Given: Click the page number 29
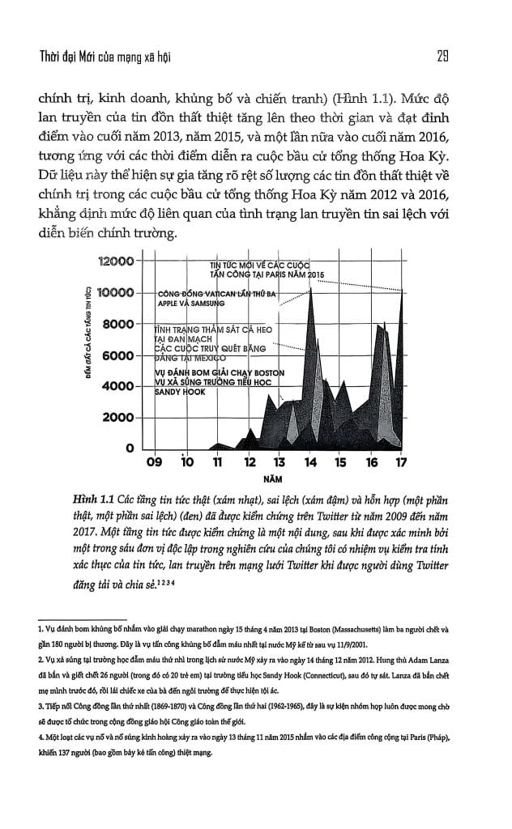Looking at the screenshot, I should (x=443, y=57).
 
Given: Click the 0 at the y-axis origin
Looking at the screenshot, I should (x=128, y=448).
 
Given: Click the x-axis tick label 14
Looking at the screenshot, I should (x=310, y=464).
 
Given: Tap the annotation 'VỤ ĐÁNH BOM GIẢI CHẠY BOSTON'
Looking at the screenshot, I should (x=219, y=372).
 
